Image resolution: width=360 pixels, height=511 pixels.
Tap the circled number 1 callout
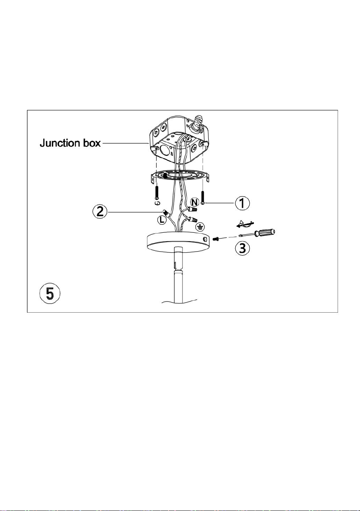click(x=242, y=203)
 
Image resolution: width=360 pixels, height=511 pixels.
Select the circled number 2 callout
click(x=100, y=212)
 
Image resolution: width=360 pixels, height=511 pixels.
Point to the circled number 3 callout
click(x=242, y=248)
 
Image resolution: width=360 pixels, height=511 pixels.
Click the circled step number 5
click(x=50, y=293)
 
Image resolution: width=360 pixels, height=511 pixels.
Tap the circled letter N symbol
click(x=194, y=202)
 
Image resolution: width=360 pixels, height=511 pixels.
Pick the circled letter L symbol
click(x=162, y=220)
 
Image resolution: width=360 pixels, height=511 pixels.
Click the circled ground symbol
click(x=201, y=227)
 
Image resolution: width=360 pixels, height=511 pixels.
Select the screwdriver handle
click(x=265, y=232)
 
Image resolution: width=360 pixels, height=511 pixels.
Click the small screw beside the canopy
click(x=215, y=239)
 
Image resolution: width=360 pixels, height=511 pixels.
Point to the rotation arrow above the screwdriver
click(x=245, y=224)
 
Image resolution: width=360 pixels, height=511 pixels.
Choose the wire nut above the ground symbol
click(x=193, y=220)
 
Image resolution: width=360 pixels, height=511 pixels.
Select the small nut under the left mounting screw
click(x=157, y=203)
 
